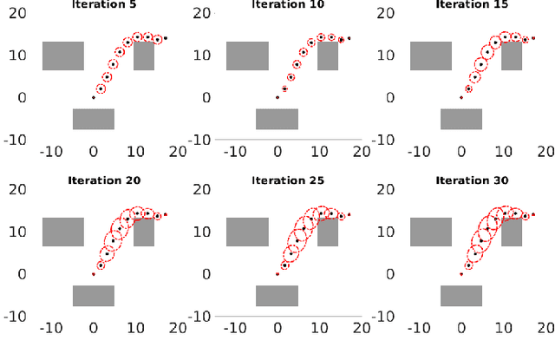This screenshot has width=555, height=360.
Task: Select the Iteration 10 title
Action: [292, 4]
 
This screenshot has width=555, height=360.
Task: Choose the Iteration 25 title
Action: [292, 181]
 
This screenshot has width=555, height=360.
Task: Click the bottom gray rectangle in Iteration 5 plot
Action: [94, 119]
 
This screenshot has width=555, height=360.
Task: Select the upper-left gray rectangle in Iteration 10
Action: [247, 56]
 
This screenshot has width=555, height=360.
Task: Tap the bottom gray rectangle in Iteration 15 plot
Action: [460, 119]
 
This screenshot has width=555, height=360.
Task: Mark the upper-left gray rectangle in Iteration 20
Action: [63, 232]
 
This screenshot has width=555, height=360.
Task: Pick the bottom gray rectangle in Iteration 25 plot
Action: [277, 296]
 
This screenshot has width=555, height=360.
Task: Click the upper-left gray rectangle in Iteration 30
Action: [430, 232]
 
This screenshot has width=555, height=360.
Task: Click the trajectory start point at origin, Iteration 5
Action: [94, 97]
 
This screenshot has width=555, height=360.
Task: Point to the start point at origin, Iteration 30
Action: [460, 274]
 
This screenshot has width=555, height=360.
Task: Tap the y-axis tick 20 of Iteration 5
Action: [24, 13]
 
